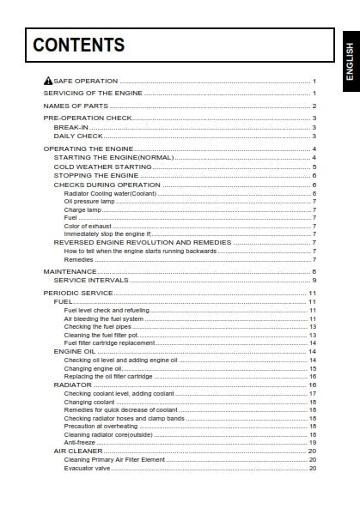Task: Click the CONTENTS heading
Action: [79, 46]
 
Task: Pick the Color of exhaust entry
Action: [87, 226]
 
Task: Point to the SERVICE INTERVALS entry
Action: [91, 280]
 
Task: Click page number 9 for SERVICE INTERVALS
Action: [314, 280]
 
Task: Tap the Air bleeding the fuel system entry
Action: [104, 318]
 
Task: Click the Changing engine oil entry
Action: [93, 368]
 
